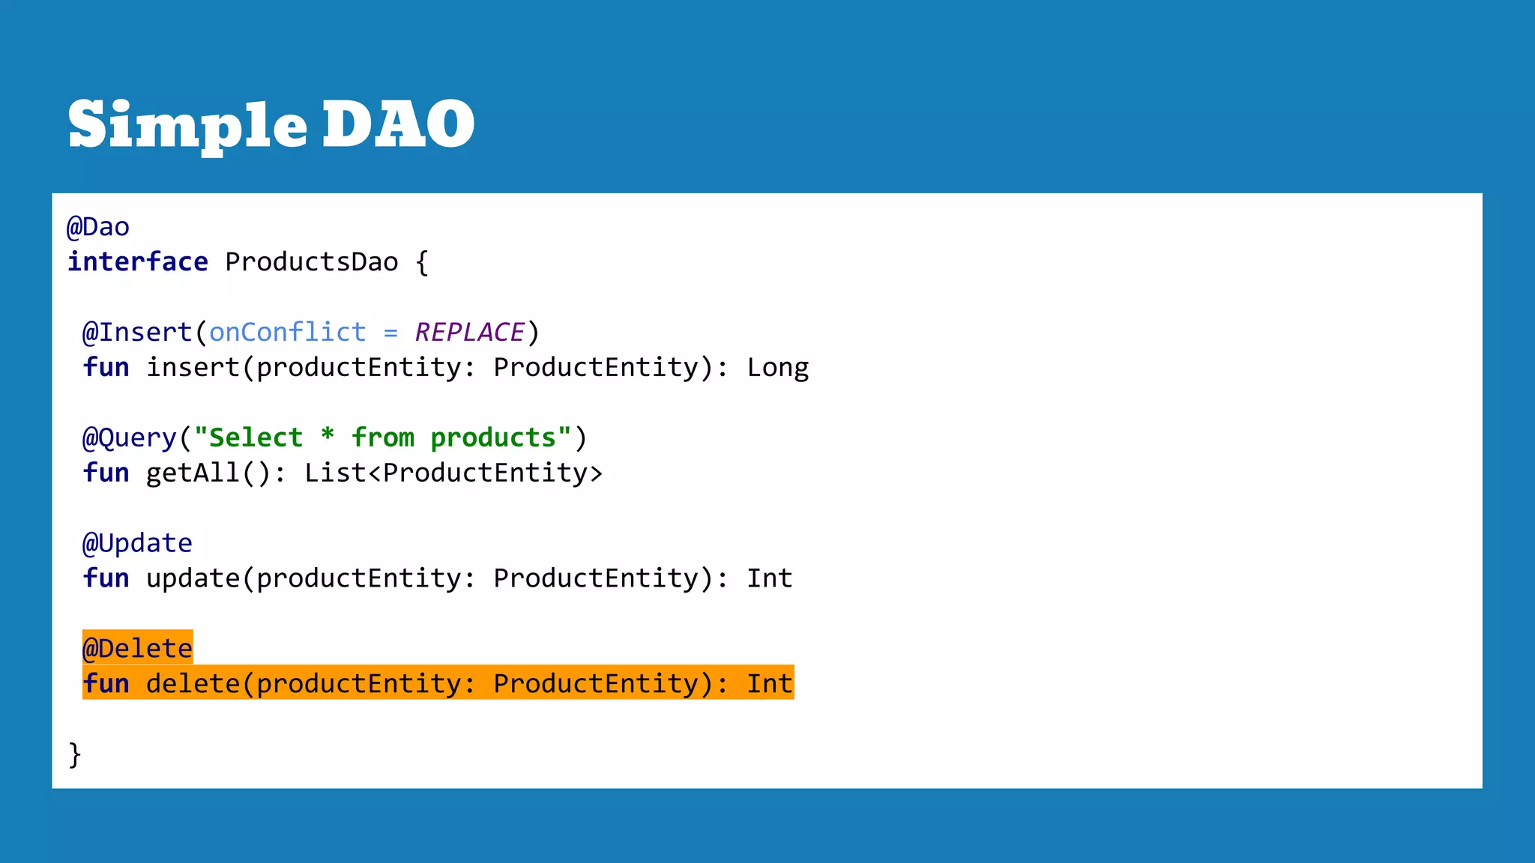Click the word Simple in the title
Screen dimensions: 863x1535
coord(187,124)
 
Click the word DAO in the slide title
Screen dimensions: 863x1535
coord(398,124)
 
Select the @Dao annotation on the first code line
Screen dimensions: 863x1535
coord(98,227)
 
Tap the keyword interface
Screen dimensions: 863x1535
coord(138,262)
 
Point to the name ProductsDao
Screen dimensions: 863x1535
coord(312,262)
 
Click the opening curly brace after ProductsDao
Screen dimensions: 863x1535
coord(422,262)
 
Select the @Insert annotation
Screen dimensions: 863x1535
coord(137,333)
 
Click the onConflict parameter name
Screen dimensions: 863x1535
coord(288,333)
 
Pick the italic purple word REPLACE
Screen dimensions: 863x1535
coord(470,333)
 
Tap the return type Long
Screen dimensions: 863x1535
coord(778,368)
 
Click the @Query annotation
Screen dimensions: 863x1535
coord(129,438)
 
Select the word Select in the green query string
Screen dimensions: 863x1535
coord(256,438)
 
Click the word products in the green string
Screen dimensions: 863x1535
coord(493,438)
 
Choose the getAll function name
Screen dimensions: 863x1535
coord(193,473)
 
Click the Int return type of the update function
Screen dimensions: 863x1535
coord(770,578)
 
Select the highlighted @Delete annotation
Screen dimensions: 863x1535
coord(137,649)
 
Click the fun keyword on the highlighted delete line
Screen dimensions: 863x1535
coord(106,684)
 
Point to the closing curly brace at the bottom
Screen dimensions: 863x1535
coord(75,754)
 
